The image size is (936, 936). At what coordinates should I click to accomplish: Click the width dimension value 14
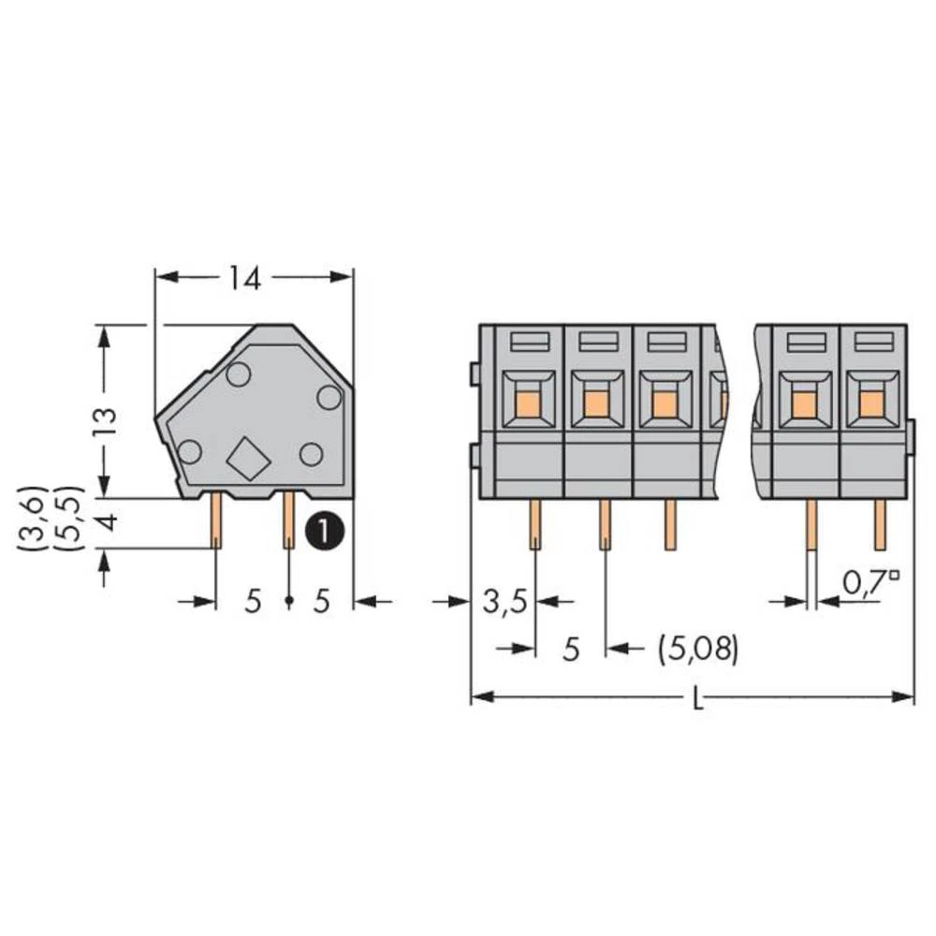click(244, 278)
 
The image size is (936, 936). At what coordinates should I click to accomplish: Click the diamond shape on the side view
click(247, 459)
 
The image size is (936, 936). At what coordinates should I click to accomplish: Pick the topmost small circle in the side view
click(238, 375)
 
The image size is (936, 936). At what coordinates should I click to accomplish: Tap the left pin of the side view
click(216, 521)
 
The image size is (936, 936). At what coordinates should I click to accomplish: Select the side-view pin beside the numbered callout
click(288, 521)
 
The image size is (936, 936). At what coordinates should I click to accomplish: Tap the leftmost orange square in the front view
click(529, 403)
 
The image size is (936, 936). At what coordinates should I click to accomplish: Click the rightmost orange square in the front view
click(872, 403)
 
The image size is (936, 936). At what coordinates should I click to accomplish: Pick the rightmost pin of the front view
click(880, 524)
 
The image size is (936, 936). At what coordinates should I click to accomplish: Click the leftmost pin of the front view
click(534, 524)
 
